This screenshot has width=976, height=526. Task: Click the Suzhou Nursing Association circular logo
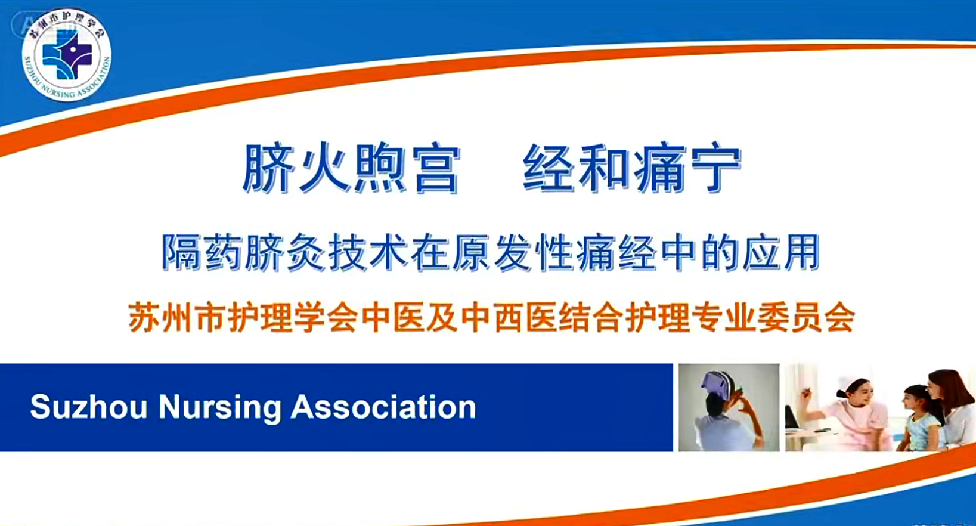(67, 55)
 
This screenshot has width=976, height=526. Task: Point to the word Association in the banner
(383, 407)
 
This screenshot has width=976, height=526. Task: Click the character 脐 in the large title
(268, 168)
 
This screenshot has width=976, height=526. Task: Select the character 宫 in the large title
(436, 168)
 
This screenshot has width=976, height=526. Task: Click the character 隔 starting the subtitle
(181, 252)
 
